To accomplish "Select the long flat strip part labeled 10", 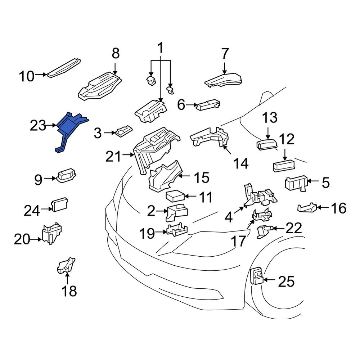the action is coord(64,68).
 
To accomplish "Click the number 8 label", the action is coord(116,53).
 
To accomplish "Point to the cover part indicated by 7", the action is coord(224,80).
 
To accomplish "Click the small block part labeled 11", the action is coord(175,196).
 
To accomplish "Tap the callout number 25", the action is coord(286,282).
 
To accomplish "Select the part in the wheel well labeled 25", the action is coord(256,275).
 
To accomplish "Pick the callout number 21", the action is coord(113,157).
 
